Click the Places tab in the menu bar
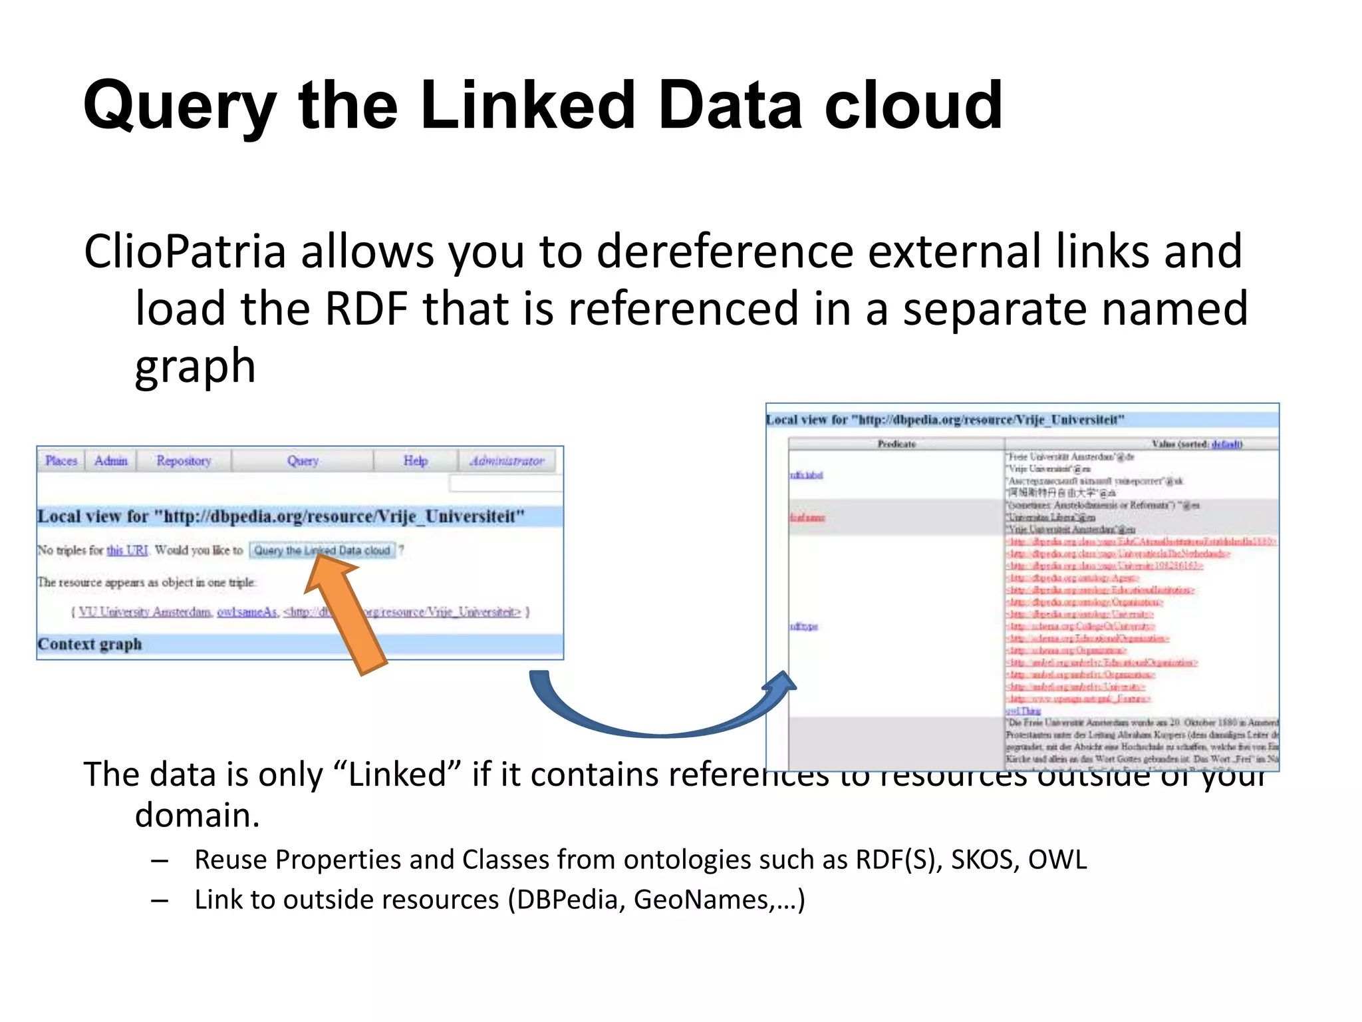pyautogui.click(x=61, y=460)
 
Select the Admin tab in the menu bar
pyautogui.click(x=110, y=460)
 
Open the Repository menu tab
pyautogui.click(x=183, y=460)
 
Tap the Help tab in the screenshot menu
pyautogui.click(x=416, y=460)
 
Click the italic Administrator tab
pyautogui.click(x=507, y=460)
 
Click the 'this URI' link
pyautogui.click(x=127, y=550)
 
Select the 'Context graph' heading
pyautogui.click(x=90, y=644)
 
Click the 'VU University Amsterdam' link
pyautogui.click(x=145, y=612)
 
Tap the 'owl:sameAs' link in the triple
pyautogui.click(x=247, y=612)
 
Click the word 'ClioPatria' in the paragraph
pyautogui.click(x=185, y=252)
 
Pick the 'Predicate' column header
pyautogui.click(x=896, y=444)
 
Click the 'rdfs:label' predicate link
pyautogui.click(x=807, y=475)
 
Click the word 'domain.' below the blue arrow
pyautogui.click(x=197, y=815)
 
